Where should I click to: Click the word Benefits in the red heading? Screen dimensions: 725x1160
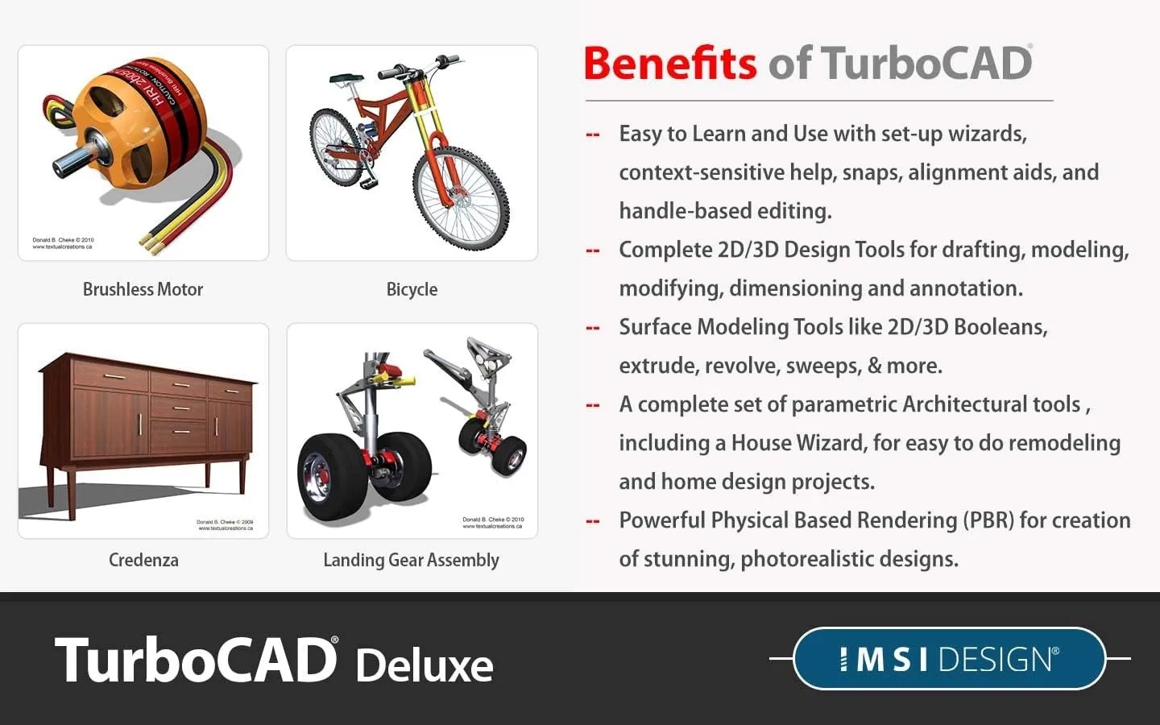pos(669,64)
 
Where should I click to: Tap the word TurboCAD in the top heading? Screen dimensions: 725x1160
pos(926,64)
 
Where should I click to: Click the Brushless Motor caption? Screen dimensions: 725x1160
pos(143,289)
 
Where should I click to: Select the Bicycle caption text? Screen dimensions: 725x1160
pos(412,289)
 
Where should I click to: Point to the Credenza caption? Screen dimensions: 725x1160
pos(143,560)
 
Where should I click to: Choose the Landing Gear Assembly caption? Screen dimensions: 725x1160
pos(411,560)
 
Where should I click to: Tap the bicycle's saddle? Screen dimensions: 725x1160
pos(346,79)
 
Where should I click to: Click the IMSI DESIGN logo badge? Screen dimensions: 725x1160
pos(949,659)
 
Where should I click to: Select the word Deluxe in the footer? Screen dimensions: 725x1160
pos(424,665)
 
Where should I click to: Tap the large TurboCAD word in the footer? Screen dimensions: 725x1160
pos(196,660)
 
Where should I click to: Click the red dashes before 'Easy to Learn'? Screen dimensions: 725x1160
pos(593,135)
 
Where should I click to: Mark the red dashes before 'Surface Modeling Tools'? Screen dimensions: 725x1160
pos(593,328)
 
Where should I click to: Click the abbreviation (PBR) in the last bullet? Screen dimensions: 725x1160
pos(988,520)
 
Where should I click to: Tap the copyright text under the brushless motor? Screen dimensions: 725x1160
pos(63,243)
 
